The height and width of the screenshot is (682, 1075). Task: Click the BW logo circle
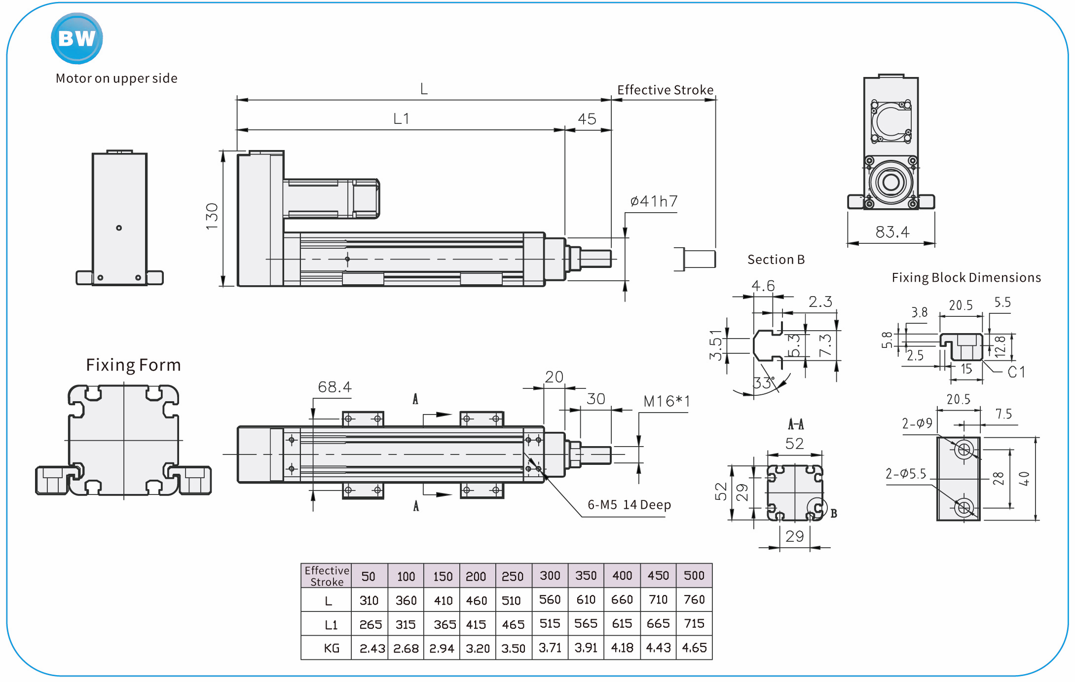point(77,38)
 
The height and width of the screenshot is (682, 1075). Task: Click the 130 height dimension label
point(212,216)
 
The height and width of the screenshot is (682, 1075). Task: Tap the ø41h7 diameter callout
point(654,201)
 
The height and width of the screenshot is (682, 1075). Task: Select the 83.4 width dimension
point(892,232)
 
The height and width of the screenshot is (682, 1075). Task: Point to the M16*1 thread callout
point(667,401)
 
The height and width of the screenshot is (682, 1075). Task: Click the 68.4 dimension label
point(334,387)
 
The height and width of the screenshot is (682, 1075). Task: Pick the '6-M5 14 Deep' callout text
point(629,504)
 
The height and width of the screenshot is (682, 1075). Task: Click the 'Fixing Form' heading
point(133,365)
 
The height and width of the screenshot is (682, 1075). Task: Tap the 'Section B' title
point(776,260)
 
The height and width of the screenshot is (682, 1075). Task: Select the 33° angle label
point(764,382)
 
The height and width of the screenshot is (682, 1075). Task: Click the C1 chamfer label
point(1016,372)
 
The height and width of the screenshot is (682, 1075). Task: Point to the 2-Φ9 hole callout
point(917,423)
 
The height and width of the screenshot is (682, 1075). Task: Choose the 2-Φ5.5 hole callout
point(905,474)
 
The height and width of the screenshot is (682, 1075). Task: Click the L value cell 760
point(694,600)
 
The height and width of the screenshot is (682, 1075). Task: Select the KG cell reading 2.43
point(372,648)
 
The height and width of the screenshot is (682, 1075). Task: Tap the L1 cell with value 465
point(513,624)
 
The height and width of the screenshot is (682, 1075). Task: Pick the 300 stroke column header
point(550,575)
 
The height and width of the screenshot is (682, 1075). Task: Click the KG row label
point(332,648)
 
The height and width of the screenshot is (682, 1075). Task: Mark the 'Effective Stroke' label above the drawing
point(665,90)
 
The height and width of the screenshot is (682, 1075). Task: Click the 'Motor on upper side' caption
point(116,78)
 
